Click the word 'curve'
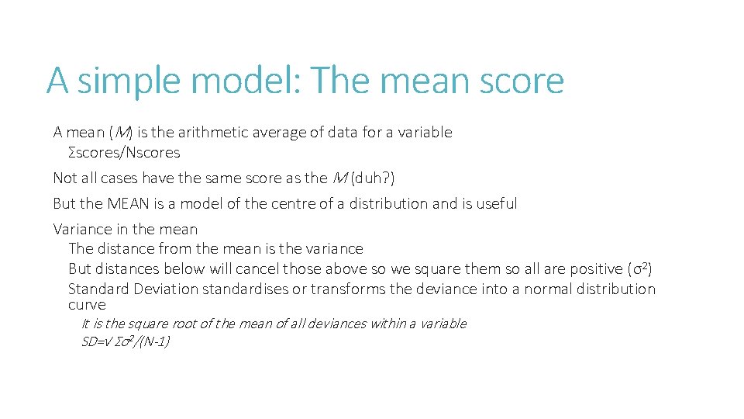pyautogui.click(x=87, y=305)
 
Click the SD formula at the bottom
pyautogui.click(x=126, y=341)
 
